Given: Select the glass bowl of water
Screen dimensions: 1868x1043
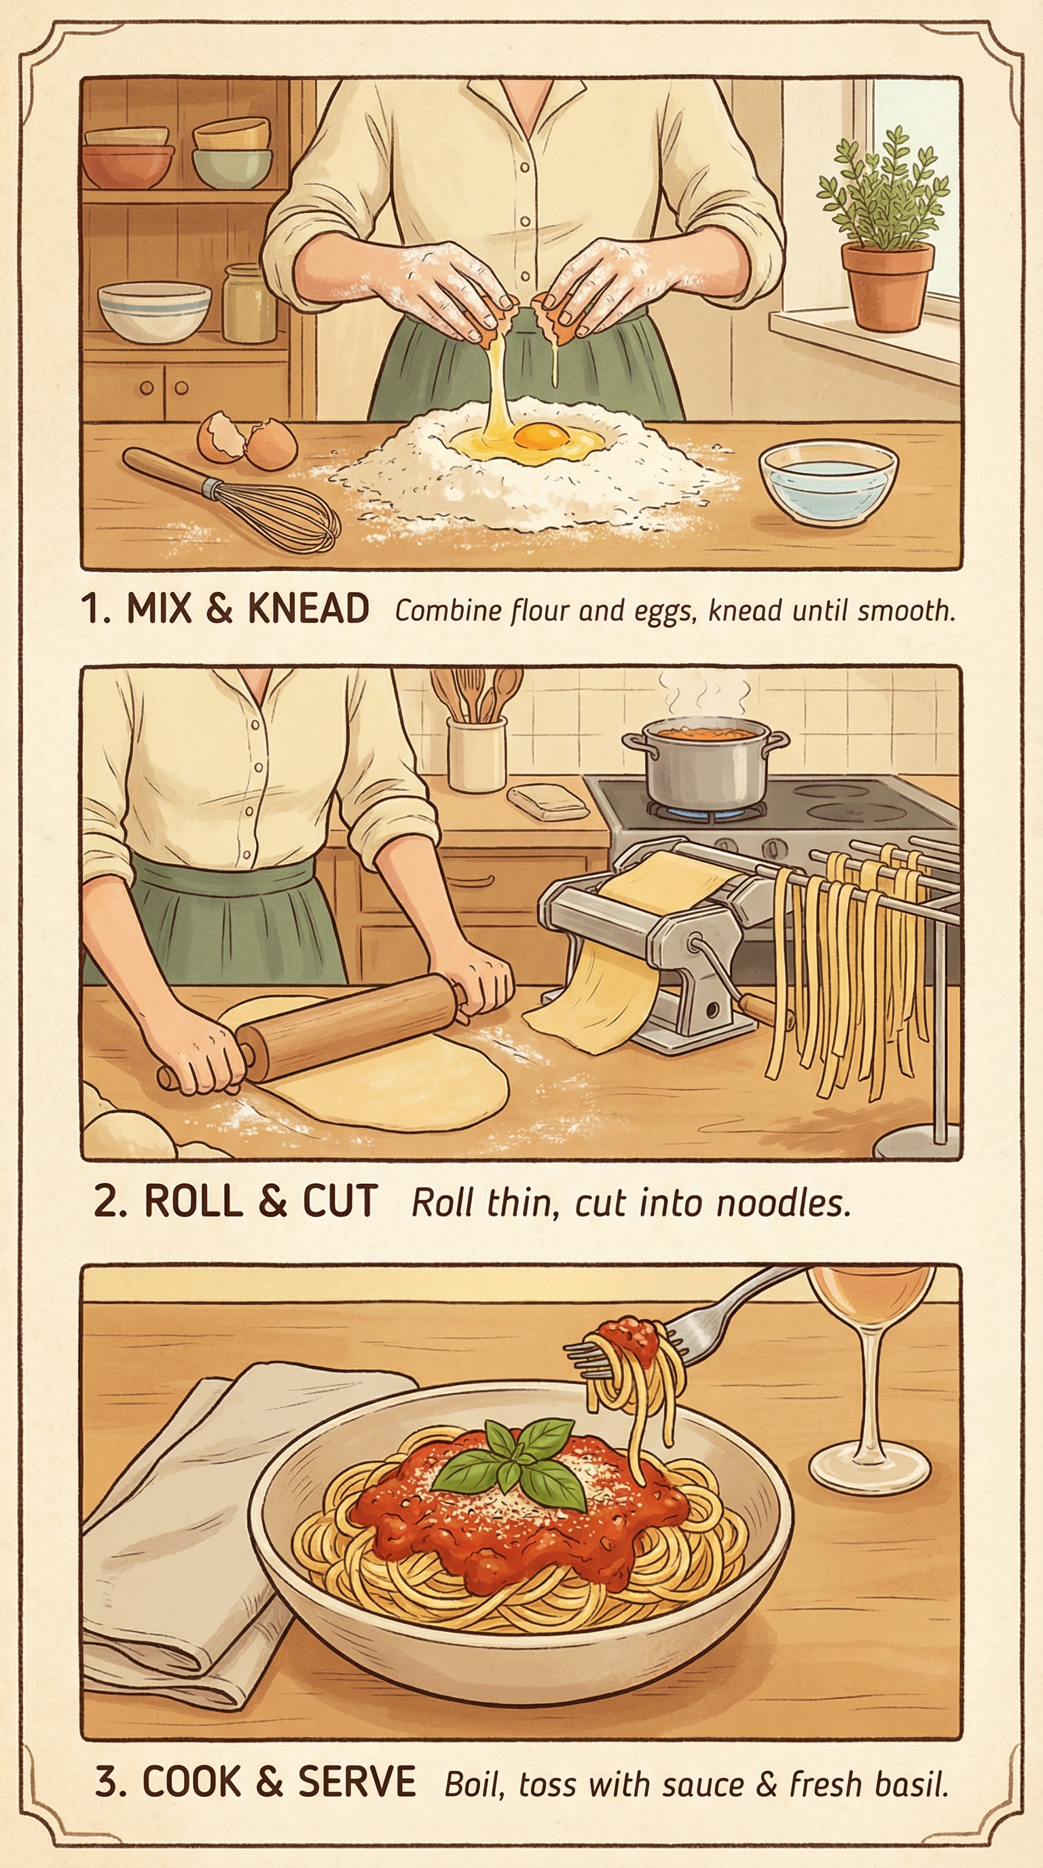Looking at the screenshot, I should [x=828, y=481].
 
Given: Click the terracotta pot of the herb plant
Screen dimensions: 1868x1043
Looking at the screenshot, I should [x=886, y=285].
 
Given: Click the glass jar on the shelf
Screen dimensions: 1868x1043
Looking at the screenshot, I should [x=249, y=304].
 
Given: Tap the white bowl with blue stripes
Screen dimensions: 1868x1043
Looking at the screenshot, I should [x=153, y=310].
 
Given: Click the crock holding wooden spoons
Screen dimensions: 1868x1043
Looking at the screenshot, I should [x=476, y=753].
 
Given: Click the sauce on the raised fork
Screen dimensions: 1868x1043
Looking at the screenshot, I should [x=629, y=1334].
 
